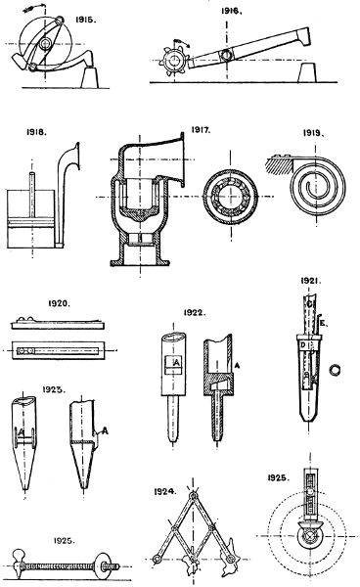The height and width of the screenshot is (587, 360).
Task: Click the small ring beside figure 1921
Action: (x=337, y=371)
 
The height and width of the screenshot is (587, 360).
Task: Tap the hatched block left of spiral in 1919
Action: (x=279, y=156)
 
